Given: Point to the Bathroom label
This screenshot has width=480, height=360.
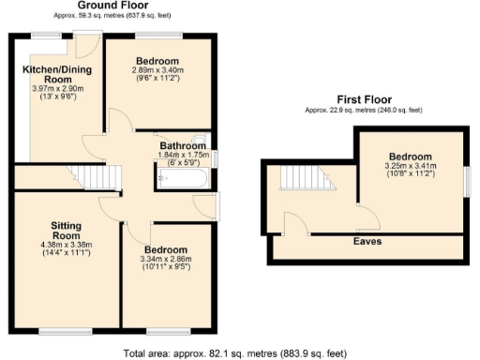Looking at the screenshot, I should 182,146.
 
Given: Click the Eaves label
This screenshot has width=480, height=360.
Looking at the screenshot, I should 367,242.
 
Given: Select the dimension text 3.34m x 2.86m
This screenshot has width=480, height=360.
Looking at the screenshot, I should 165,258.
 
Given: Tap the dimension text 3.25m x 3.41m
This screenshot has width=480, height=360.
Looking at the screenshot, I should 411,166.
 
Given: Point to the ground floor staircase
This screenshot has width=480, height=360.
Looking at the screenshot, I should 93,175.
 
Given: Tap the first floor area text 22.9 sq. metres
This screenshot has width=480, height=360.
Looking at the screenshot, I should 363,110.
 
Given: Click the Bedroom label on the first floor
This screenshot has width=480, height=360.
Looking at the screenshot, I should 411,156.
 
